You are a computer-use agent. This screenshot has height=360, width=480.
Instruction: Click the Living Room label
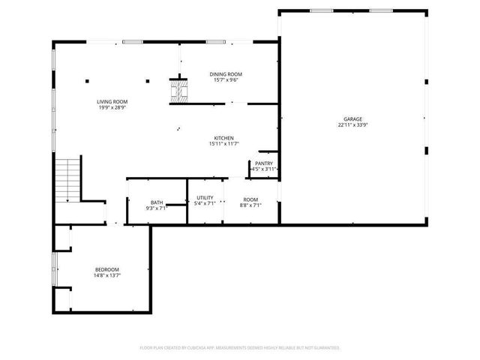click(112, 101)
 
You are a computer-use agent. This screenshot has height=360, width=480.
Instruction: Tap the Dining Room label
click(226, 74)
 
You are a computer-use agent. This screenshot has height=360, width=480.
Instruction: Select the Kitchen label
click(224, 139)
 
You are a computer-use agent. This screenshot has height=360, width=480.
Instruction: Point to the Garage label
click(353, 119)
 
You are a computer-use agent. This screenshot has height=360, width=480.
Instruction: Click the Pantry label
click(263, 163)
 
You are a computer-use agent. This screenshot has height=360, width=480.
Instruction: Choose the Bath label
click(157, 202)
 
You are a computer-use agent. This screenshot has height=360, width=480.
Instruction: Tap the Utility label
click(205, 198)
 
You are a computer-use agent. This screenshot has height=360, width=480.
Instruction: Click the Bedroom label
click(106, 269)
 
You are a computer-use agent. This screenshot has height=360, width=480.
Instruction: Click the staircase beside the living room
click(67, 180)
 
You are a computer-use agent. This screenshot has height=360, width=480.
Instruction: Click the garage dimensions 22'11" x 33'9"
click(353, 125)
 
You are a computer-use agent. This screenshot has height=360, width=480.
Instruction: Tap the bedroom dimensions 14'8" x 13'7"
click(106, 275)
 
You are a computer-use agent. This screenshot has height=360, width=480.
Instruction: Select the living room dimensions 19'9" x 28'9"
click(112, 107)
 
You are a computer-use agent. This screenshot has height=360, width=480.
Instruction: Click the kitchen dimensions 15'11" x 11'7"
click(224, 145)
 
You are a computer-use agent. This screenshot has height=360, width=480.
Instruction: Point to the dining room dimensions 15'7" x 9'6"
click(226, 80)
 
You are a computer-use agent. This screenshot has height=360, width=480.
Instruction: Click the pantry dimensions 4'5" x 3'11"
click(263, 170)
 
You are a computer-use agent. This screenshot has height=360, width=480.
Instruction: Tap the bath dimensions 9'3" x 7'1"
click(157, 208)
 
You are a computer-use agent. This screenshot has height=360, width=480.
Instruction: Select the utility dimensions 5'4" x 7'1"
click(205, 203)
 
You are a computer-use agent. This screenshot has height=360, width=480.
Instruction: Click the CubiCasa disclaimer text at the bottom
click(240, 348)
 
